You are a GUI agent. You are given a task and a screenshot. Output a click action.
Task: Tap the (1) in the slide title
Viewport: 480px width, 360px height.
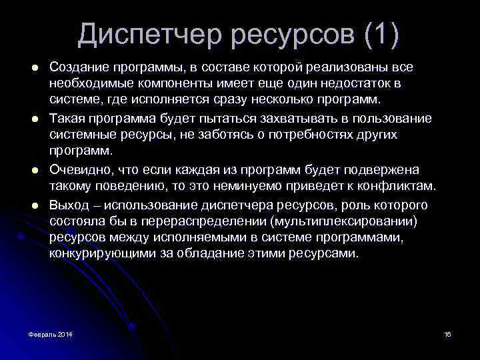[x=383, y=34]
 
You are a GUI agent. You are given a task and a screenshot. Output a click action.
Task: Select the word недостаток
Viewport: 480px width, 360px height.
[x=353, y=84]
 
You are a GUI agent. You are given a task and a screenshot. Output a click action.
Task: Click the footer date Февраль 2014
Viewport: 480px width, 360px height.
[x=51, y=333]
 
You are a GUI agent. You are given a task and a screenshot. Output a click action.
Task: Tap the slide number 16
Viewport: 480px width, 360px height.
[x=447, y=333]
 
